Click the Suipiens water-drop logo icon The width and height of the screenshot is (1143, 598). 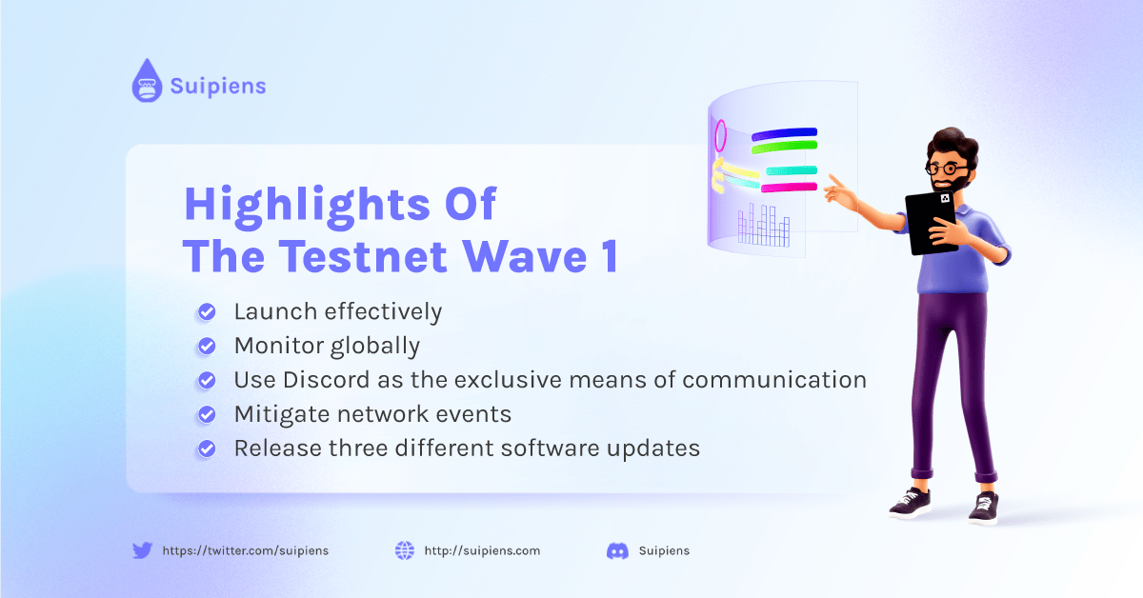pyautogui.click(x=147, y=81)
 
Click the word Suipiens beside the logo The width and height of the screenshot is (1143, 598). pyautogui.click(x=218, y=86)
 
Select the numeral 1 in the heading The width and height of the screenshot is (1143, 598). pyautogui.click(x=610, y=256)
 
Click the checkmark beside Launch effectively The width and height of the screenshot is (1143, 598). pyautogui.click(x=207, y=311)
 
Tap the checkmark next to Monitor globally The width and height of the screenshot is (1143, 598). pyautogui.click(x=207, y=346)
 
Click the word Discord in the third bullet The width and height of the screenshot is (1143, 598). pyautogui.click(x=327, y=380)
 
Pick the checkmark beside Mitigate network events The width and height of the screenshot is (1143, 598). pyautogui.click(x=207, y=414)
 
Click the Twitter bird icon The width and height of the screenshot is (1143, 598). pyautogui.click(x=142, y=550)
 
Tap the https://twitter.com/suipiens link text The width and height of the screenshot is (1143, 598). pyautogui.click(x=246, y=550)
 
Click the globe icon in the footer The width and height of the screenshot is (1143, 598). pyautogui.click(x=405, y=550)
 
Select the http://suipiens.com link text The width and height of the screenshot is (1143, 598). pyautogui.click(x=482, y=550)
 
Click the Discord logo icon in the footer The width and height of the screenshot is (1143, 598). pyautogui.click(x=617, y=551)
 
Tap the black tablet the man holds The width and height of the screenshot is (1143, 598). pyautogui.click(x=931, y=223)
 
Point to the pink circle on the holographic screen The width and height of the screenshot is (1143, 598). pyautogui.click(x=720, y=136)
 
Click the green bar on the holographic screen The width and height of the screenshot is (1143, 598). pyautogui.click(x=784, y=147)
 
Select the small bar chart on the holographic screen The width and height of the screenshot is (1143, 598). pyautogui.click(x=764, y=225)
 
